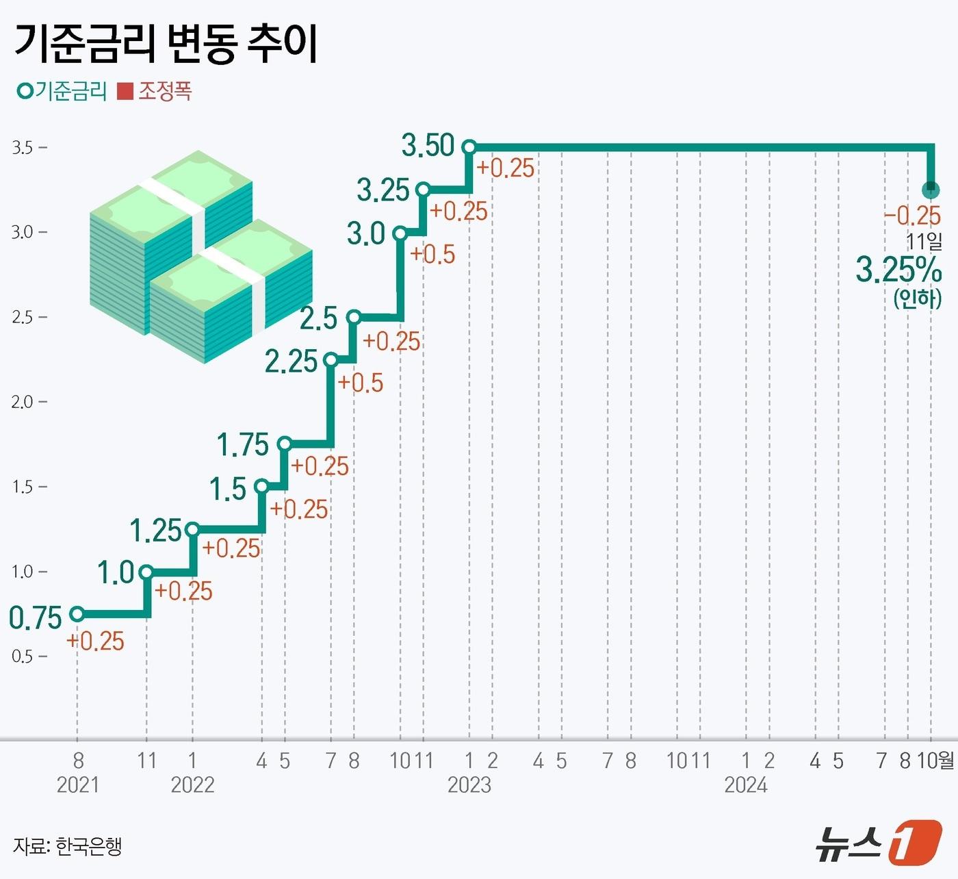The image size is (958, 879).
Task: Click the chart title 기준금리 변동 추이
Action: tap(166, 44)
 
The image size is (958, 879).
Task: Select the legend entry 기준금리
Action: tap(63, 91)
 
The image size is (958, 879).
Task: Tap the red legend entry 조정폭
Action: tap(155, 91)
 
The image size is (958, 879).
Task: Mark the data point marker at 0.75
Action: tap(77, 614)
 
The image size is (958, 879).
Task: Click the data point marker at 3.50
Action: tap(469, 146)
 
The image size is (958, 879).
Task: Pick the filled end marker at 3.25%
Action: tap(930, 190)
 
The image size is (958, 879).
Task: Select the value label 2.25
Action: tap(291, 361)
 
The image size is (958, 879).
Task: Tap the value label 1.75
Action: tap(242, 445)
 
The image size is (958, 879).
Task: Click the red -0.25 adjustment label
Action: tap(912, 216)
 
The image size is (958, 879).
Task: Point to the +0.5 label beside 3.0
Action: tap(432, 254)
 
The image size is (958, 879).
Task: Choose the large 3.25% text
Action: tap(898, 270)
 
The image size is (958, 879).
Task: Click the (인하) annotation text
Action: tap(917, 298)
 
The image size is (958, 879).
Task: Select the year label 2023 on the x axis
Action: tap(469, 785)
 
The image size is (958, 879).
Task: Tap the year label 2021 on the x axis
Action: tap(77, 785)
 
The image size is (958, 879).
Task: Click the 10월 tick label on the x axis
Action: tap(935, 761)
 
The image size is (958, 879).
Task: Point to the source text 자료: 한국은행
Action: tap(67, 846)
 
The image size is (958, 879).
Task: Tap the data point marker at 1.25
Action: tap(192, 529)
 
